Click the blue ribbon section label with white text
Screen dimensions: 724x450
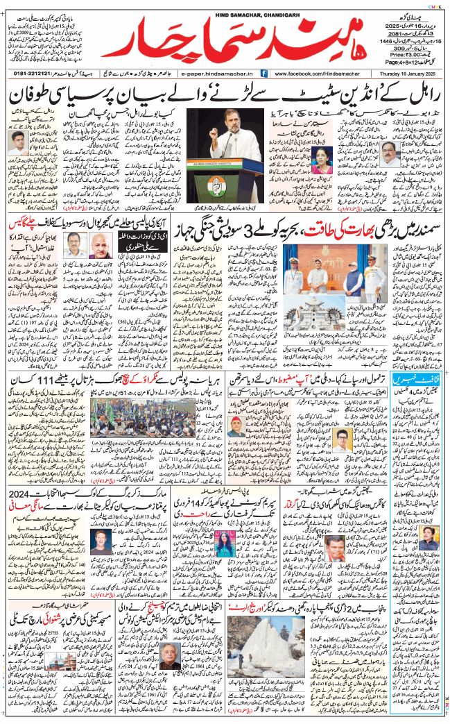[x=408, y=381]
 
